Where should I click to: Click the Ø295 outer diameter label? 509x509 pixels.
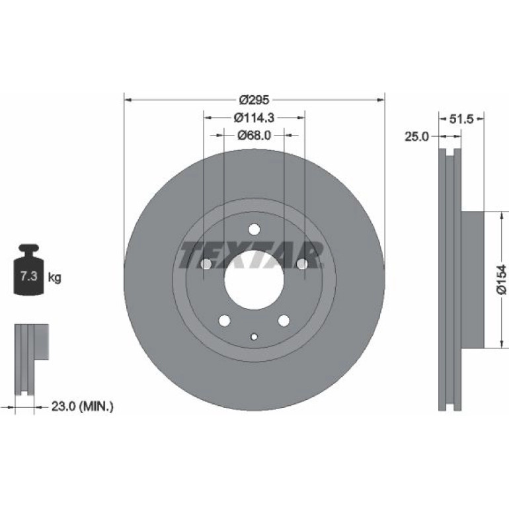[255, 100]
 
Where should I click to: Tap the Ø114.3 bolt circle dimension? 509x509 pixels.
[255, 118]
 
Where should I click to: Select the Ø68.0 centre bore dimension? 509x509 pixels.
[255, 135]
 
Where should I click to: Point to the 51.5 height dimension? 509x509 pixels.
[461, 119]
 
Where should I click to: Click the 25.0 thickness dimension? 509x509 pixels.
[416, 137]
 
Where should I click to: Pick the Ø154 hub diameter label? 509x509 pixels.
[502, 280]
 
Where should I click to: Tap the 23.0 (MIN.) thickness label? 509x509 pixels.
[83, 406]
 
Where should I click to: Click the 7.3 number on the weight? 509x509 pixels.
[29, 276]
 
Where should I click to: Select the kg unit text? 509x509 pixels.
[54, 278]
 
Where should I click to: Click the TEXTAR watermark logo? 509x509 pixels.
[252, 255]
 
